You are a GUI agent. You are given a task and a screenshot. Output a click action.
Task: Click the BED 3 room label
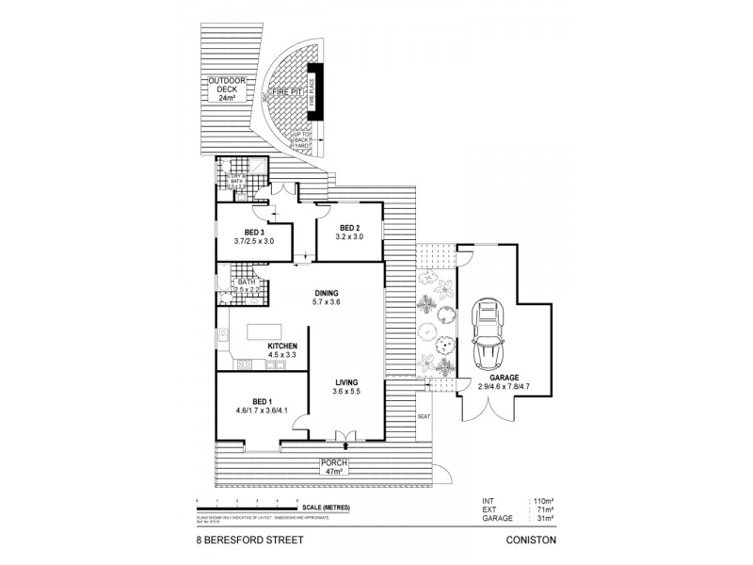[253, 236]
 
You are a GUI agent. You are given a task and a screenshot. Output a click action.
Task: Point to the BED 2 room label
[350, 233]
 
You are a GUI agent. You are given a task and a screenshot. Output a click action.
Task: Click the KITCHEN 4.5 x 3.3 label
[281, 350]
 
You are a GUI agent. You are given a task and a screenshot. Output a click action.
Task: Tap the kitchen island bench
[264, 332]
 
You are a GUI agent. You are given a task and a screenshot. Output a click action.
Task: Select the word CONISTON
[533, 541]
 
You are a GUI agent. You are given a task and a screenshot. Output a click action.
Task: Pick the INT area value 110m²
[541, 504]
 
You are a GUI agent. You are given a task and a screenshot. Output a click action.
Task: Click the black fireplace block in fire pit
[315, 91]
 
